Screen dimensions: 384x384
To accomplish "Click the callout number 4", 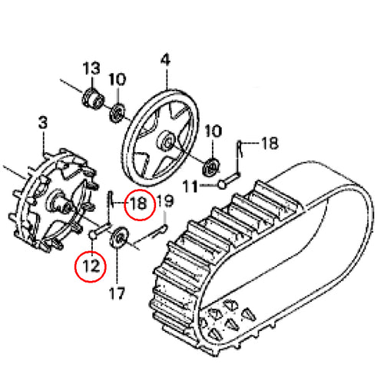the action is coord(165,60).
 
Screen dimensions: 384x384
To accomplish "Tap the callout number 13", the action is coord(91,68).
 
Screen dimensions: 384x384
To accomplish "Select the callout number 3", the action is coord(43,122).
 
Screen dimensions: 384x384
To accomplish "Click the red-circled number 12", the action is coord(91,266).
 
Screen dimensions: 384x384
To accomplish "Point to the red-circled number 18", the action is coord(138,204).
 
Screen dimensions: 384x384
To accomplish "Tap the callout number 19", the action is coord(165,200).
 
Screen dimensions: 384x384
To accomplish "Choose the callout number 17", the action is coord(117,293).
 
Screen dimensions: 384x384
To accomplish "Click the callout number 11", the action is coord(190,186).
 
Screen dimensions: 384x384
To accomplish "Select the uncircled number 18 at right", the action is coord(270,143).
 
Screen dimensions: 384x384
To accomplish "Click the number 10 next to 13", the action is coord(118,79).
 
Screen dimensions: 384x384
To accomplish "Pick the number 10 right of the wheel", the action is coord(213,131).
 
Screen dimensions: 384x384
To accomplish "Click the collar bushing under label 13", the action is coord(93,99).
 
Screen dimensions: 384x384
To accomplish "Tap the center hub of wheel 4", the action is coord(167,141).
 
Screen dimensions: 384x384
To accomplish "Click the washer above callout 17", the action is coord(119,237).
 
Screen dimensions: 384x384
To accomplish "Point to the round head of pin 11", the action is coord(222,184).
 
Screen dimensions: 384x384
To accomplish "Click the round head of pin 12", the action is coord(92,234).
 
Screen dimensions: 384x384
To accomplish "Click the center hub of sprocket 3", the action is coord(61,204).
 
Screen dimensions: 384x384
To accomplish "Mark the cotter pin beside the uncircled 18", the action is coord(240,149).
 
